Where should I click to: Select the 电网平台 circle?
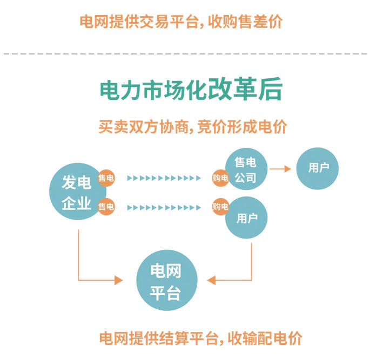tap(165, 281)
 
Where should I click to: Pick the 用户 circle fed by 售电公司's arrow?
tap(318, 169)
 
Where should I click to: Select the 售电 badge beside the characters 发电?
tap(106, 178)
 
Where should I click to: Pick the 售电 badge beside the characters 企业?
tap(106, 206)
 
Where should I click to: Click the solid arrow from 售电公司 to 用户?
tap(280, 169)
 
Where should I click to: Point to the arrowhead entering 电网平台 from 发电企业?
tap(117, 280)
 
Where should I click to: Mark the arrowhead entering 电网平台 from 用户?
tap(212, 280)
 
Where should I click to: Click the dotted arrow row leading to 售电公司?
tap(164, 178)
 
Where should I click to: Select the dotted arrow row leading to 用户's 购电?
tap(164, 207)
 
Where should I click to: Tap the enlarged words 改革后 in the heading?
tap(246, 90)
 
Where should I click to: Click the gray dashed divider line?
tap(188, 53)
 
